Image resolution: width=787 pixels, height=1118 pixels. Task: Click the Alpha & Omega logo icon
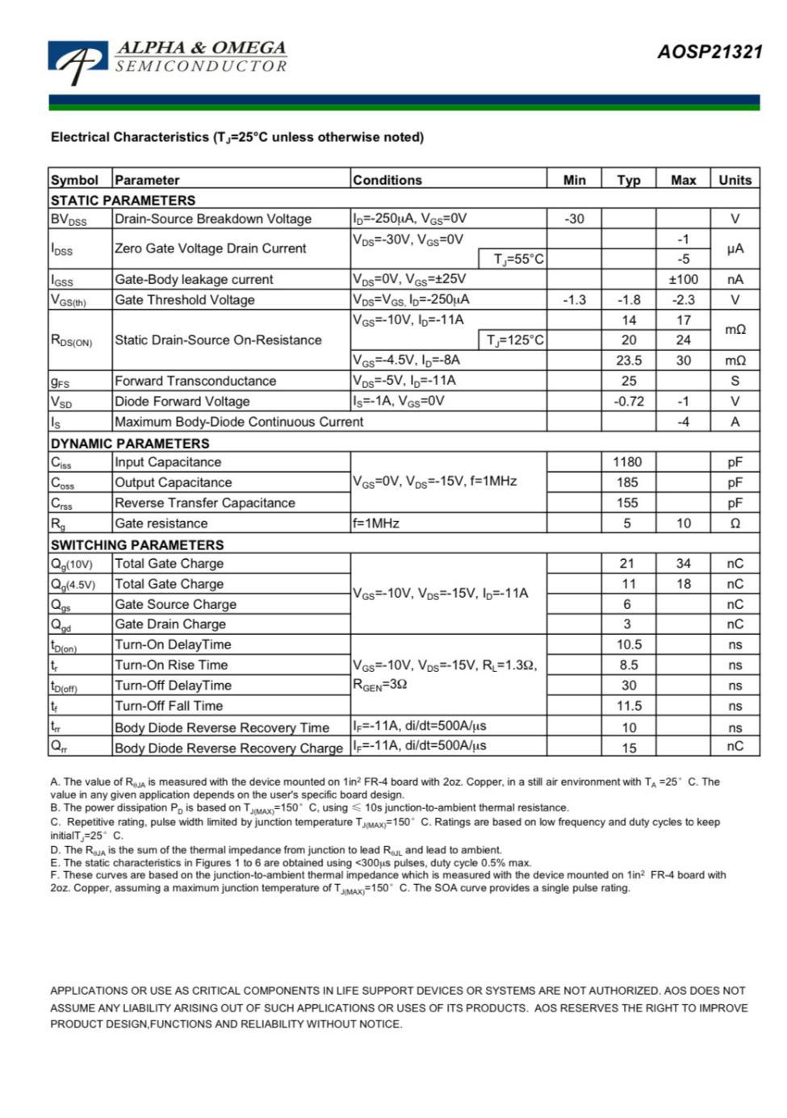tap(77, 61)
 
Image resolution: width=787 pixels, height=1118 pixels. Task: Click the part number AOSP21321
tap(710, 52)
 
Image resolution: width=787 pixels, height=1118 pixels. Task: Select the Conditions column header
tap(387, 180)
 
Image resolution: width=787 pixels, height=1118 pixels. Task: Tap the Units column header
tap(735, 180)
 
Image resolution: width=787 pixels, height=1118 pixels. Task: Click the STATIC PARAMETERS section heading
tap(123, 200)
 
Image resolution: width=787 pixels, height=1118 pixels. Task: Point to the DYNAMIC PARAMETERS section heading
tap(129, 443)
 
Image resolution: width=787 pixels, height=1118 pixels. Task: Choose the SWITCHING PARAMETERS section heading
tap(136, 544)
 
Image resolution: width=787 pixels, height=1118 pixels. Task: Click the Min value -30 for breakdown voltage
tap(574, 219)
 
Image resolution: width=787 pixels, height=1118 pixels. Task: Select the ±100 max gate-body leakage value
tap(683, 279)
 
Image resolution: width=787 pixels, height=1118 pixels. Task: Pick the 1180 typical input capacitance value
tap(627, 462)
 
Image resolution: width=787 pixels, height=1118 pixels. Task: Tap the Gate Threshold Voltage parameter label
tap(184, 300)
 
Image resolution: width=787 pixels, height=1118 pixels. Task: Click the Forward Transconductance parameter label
tap(195, 381)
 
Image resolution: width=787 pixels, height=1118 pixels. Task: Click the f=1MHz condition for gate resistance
tap(376, 524)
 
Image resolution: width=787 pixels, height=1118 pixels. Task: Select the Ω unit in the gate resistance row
tap(735, 524)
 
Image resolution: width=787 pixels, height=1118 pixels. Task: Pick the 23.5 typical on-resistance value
tap(629, 361)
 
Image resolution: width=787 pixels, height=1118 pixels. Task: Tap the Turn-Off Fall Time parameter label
tap(168, 706)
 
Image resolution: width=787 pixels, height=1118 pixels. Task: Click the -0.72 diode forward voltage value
tap(629, 401)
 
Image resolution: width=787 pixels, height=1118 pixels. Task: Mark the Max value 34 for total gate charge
tap(683, 564)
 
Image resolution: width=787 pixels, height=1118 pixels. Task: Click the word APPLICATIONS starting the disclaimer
tap(89, 991)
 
